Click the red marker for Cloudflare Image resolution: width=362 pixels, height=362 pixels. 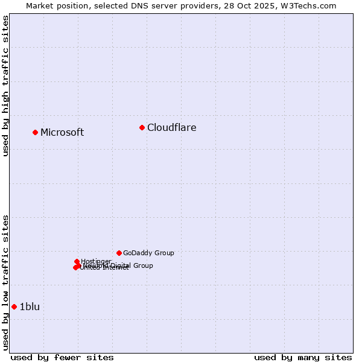point(142,127)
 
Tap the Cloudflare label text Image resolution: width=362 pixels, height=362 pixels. point(171,127)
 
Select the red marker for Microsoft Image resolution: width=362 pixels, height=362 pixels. point(35,132)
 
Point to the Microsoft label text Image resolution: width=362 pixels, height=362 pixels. point(62,133)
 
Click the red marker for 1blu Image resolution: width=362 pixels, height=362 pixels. point(14,306)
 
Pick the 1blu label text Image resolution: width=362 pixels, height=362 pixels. point(30,306)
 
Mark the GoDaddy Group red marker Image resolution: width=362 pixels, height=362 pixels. point(119,253)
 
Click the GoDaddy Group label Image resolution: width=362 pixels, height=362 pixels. point(148,253)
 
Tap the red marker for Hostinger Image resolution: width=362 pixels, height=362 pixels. point(77,261)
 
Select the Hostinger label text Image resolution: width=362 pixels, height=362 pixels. point(96,261)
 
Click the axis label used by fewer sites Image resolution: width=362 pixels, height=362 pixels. point(62,357)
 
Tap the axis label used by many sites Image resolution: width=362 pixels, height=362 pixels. point(303,357)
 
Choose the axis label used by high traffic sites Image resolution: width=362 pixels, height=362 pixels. point(5,86)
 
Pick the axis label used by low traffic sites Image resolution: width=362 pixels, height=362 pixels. point(5,282)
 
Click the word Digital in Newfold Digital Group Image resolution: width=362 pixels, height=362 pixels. point(120,265)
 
